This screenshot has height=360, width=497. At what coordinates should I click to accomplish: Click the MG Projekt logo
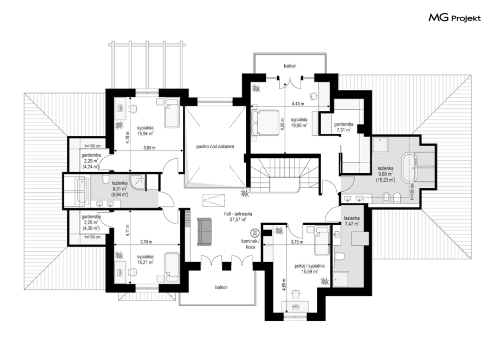[455, 18]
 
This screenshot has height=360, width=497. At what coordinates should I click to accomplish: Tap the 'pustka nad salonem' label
[215, 147]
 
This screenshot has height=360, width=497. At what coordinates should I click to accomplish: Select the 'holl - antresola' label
[238, 214]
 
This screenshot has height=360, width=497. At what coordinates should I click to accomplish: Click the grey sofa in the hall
[204, 231]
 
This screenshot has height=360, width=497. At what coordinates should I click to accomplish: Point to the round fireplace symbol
[255, 233]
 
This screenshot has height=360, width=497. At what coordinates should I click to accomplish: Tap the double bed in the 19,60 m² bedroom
[265, 123]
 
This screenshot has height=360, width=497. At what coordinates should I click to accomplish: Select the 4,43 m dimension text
[298, 104]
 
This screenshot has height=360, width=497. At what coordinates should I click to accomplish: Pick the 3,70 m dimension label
[146, 242]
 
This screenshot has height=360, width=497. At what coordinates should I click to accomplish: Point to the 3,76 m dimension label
[297, 242]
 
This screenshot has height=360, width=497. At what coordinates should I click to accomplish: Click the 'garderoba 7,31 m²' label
[344, 127]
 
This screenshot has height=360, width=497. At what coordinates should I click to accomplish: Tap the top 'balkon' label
[290, 66]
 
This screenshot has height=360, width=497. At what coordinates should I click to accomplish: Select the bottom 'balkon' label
[221, 288]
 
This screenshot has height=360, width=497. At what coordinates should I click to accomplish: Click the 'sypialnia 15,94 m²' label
[145, 130]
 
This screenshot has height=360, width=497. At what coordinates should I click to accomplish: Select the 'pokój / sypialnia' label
[309, 266]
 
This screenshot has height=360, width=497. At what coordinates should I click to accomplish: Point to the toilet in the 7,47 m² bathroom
[340, 255]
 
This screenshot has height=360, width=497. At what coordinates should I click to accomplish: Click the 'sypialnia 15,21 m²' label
[145, 259]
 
